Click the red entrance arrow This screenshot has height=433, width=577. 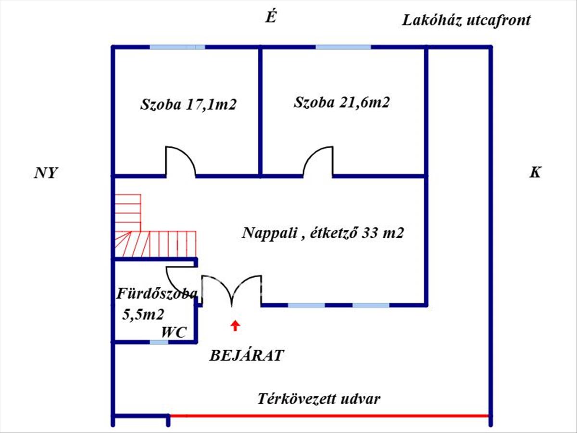235,326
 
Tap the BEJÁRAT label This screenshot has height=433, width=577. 247,356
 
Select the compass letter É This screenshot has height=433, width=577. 271,18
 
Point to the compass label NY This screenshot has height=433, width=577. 46,173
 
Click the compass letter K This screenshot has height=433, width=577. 535,173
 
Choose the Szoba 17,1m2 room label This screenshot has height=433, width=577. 188,104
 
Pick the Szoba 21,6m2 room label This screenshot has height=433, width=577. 342,102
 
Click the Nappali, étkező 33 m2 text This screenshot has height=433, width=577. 323,233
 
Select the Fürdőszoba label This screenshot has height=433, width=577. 157,294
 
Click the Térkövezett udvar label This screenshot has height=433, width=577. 319,399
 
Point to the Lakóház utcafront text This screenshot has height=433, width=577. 466,20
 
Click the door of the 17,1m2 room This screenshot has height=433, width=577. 181,162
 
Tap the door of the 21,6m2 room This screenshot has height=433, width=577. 318,162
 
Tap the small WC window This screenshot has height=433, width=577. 159,342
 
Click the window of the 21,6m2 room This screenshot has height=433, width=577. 343,47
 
